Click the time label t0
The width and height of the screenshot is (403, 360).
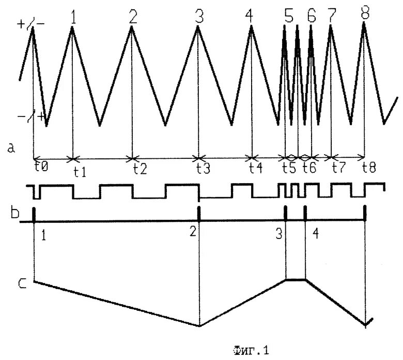(41, 167)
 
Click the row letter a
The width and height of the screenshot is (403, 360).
(11, 149)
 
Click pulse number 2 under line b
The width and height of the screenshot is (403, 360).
(193, 232)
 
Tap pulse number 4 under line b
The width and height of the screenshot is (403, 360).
(315, 233)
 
